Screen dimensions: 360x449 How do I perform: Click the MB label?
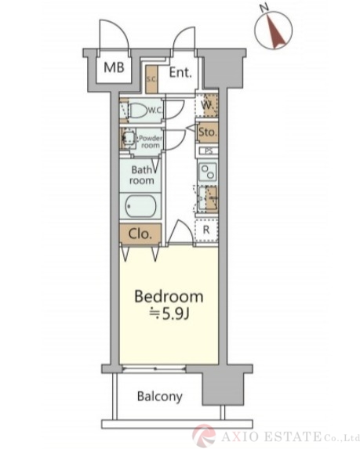[x=114, y=67]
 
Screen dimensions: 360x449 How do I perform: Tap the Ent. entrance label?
[x=180, y=72]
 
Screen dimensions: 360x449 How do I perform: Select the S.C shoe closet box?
[x=151, y=79]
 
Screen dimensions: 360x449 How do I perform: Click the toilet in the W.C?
[x=138, y=110]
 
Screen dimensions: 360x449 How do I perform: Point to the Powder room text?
[x=151, y=142]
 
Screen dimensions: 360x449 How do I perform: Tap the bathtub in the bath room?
[x=140, y=206]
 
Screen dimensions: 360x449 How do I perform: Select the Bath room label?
[x=143, y=175]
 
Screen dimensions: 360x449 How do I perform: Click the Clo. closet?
[x=140, y=234]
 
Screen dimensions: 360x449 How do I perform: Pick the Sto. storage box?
[x=208, y=132]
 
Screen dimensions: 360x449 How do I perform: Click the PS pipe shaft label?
[x=209, y=150]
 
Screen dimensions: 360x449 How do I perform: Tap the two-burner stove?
[x=208, y=172]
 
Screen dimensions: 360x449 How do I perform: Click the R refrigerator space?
[x=206, y=230]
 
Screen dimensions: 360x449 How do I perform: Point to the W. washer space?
[x=206, y=105]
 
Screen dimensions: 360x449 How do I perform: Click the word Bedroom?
[x=169, y=296]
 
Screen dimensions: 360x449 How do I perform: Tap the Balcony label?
[x=160, y=396]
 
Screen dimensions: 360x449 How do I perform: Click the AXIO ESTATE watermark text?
[x=271, y=437]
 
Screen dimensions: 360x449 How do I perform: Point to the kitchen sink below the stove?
[x=206, y=198]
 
